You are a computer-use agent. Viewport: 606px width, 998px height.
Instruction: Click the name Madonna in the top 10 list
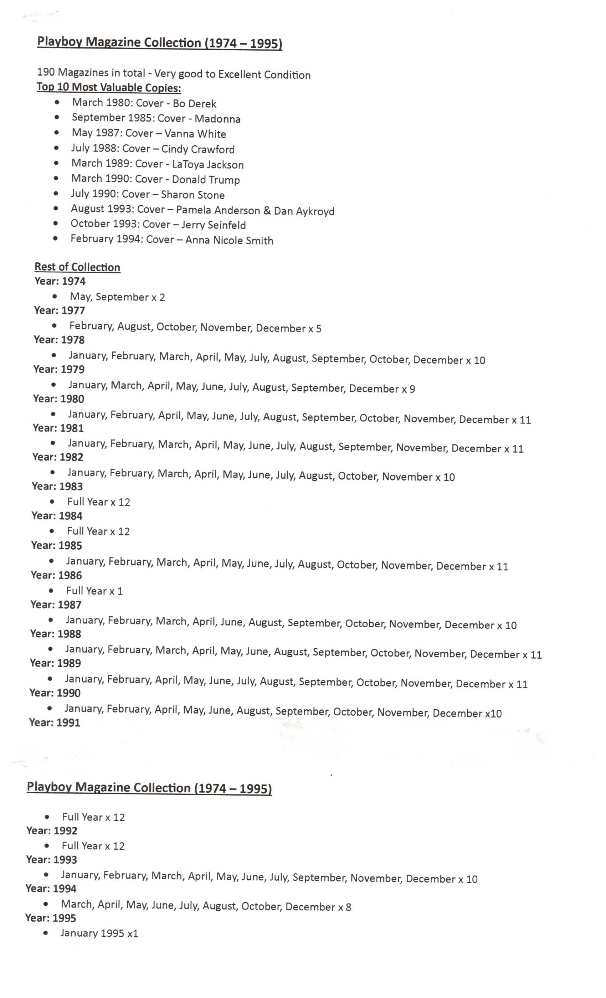coord(217,119)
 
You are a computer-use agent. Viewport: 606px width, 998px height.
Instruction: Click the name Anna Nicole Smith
coord(229,240)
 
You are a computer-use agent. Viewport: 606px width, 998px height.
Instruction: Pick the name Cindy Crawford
coord(198,149)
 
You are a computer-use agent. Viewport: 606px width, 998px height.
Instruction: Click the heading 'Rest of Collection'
coord(77,267)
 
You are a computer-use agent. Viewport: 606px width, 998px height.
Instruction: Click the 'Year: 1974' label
coord(60,281)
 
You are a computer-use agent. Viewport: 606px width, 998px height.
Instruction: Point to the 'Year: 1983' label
coord(57,486)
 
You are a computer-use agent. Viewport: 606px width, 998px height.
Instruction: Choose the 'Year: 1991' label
coord(54,722)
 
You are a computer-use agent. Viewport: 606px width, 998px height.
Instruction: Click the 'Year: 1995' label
coord(51,917)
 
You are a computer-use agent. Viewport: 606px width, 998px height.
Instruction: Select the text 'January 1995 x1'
coord(99,933)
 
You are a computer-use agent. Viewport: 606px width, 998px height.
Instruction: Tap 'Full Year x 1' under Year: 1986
coord(94,591)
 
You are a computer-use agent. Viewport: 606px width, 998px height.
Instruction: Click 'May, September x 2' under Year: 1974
coord(118,297)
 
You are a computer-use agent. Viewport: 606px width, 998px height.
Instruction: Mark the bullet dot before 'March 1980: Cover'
coord(57,103)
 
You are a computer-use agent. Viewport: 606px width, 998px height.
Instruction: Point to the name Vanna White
coord(195,134)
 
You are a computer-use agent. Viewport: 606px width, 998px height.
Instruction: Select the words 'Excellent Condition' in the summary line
coord(264,74)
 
